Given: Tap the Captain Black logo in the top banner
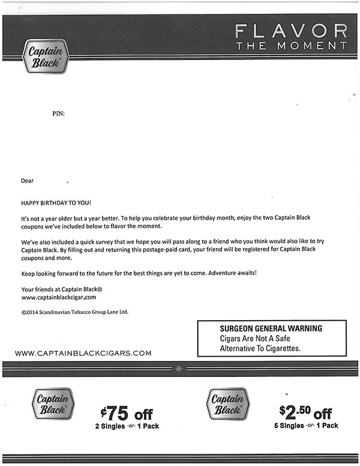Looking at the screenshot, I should pos(46,56).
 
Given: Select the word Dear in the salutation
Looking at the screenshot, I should pos(28,180).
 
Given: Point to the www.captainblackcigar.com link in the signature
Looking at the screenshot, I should pos(59,297).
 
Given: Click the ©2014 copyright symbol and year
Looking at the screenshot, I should pos(30,312).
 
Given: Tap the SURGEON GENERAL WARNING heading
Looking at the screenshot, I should pos(271,328).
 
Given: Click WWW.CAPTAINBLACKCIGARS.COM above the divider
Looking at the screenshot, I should pos(83,353).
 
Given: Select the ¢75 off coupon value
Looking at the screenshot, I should pos(127,414).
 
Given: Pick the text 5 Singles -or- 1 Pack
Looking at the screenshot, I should pos(305,426).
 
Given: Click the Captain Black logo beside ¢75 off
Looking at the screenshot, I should pos(53,404).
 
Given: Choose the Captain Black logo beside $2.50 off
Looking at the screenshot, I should pos(227,404).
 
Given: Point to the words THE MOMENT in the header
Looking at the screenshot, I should pos(291,46).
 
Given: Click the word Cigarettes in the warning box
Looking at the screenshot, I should pos(280,348).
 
